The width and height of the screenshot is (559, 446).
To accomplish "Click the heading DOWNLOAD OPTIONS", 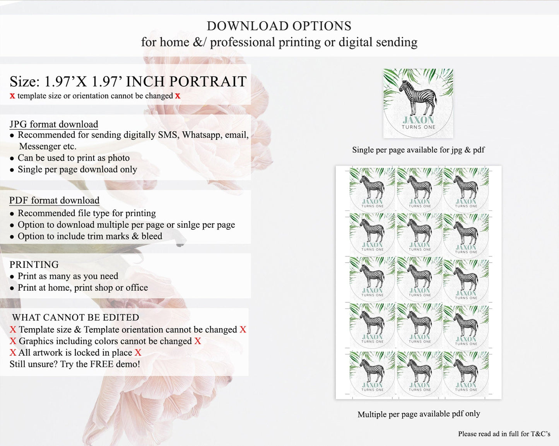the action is (279, 26).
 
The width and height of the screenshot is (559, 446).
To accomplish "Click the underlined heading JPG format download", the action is (54, 124).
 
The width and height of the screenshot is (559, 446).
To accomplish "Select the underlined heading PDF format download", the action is (54, 200).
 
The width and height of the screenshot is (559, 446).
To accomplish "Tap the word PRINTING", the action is (34, 265).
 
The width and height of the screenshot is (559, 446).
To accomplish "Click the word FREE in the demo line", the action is (102, 364).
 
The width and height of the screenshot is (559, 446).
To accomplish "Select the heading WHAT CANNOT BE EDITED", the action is (75, 317).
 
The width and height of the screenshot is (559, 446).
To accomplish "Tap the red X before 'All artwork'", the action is (13, 353).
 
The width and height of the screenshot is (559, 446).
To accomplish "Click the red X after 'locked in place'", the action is (138, 353).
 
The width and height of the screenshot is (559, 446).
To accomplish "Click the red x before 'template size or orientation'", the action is (12, 96).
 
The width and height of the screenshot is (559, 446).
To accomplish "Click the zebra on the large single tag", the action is (418, 98).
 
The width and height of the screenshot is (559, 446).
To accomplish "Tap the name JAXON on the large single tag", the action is (418, 120).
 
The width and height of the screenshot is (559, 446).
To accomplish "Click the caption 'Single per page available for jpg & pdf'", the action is (418, 150).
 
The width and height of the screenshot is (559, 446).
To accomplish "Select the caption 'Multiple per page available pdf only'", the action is (419, 414).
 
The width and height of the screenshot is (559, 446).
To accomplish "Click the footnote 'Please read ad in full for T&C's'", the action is (504, 434).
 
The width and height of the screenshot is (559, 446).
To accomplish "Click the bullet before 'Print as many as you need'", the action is (12, 277).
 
